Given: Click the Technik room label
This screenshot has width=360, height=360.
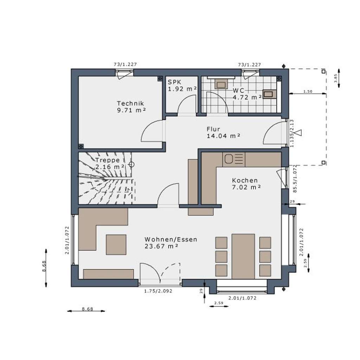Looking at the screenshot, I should [130, 103].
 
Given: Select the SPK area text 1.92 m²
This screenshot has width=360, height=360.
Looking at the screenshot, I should [182, 89].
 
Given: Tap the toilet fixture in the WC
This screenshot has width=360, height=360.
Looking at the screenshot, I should [221, 84].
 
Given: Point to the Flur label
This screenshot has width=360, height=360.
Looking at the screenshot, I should [213, 129].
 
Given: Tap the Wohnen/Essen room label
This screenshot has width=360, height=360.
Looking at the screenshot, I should [171, 239].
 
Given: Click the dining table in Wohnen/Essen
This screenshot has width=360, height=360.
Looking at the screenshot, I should [243, 256].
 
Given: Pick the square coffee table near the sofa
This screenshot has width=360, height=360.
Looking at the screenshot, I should [116, 244].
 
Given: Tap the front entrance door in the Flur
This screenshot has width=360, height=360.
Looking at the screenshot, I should [274, 134].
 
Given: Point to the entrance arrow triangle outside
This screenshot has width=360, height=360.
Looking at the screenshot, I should [299, 133].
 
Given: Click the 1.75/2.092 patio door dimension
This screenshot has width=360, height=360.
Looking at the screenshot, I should [158, 291].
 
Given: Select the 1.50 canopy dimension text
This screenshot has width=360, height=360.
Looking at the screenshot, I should [308, 91].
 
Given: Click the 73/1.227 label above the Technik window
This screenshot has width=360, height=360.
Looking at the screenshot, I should [125, 64].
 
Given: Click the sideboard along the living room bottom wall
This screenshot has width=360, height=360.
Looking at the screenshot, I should [109, 274].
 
